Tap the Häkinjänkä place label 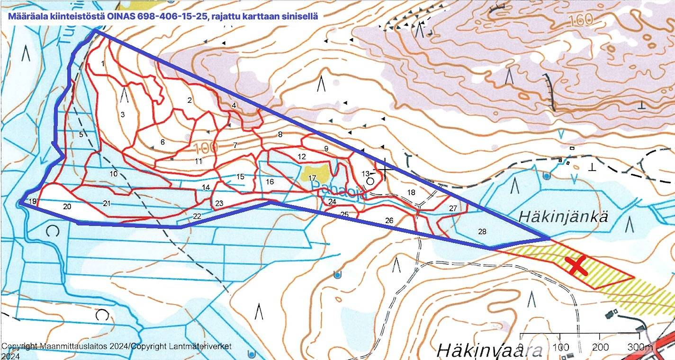point(563,216)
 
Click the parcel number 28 point(482,232)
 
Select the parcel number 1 point(103,63)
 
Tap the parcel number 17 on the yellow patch point(312,178)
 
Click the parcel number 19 point(32,202)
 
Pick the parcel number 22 point(197,216)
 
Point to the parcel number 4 point(234,105)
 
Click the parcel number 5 point(81,135)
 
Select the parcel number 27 point(453,208)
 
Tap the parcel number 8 point(280,135)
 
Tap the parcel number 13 point(365,173)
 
